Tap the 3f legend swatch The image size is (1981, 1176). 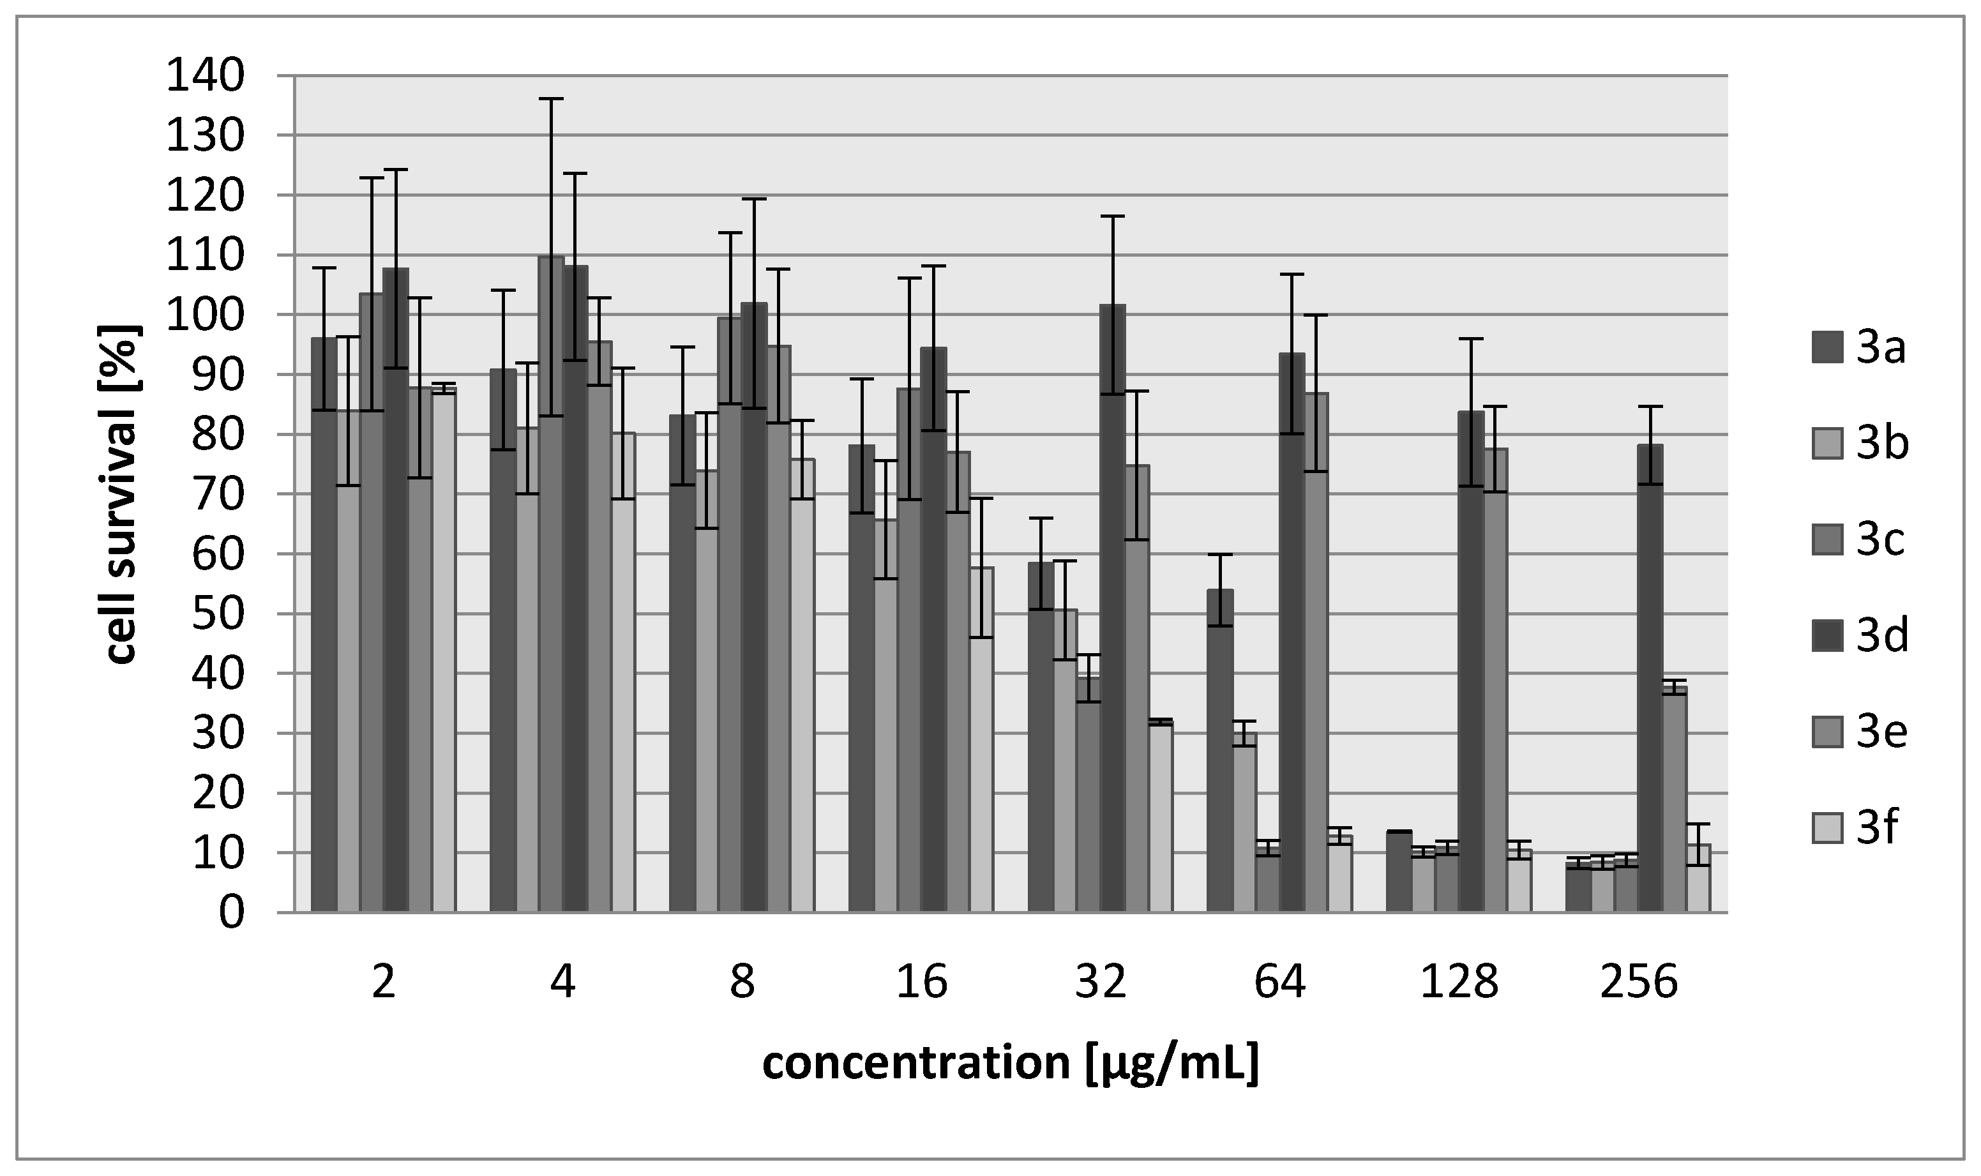(1826, 829)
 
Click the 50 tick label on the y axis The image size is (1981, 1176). (218, 614)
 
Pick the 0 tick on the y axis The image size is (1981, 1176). (231, 913)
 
